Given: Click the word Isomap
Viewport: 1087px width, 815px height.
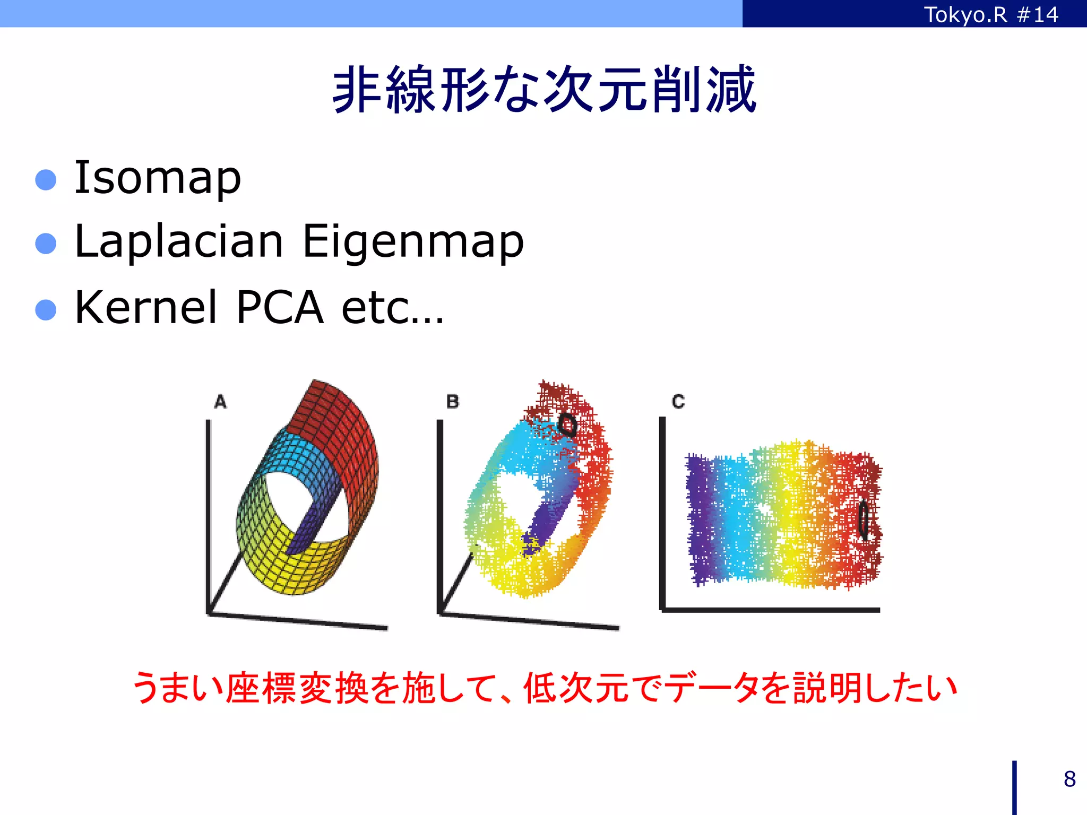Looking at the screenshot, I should [158, 178].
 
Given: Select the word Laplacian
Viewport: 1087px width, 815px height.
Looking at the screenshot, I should [179, 242].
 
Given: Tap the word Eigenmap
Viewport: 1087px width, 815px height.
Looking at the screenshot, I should [413, 242].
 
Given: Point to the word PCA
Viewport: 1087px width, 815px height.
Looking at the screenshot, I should [280, 307].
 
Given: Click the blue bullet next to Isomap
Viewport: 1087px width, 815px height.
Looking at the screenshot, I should [46, 180].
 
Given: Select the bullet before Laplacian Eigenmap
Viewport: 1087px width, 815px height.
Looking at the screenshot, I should [46, 244].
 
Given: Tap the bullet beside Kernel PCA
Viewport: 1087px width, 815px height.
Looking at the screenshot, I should [46, 310].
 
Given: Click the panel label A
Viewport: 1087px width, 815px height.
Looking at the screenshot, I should [220, 402].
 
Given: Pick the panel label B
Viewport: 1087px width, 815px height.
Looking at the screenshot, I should [453, 402].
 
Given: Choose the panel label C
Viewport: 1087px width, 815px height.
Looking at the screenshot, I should [678, 402].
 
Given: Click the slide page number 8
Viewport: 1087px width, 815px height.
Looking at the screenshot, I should [1069, 779].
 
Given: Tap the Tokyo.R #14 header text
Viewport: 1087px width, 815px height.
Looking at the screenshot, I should [991, 14].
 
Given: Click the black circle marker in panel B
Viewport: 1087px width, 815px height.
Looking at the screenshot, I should [567, 424].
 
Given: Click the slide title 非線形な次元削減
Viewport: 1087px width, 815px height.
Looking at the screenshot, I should [543, 89].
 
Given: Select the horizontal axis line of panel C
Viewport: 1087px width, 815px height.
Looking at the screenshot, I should [770, 610].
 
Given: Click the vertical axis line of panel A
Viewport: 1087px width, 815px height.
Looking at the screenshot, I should [208, 515].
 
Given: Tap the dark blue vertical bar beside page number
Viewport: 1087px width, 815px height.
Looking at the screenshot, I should [1014, 787].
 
